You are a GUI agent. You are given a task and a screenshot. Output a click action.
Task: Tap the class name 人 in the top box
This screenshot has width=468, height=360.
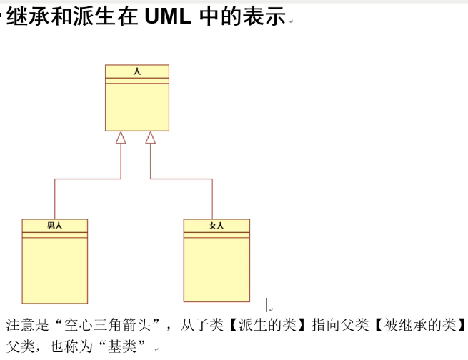pos(137,71)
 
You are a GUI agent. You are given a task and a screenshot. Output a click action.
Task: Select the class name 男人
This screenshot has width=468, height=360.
pos(55,226)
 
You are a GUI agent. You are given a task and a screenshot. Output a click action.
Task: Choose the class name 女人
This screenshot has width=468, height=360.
pos(216,226)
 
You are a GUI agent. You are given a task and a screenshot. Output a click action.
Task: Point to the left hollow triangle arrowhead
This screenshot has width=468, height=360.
pos(121,138)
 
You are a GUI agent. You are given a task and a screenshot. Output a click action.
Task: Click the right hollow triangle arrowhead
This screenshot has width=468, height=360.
pos(150,138)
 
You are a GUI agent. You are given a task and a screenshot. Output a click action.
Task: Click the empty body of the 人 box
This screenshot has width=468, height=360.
pos(137,107)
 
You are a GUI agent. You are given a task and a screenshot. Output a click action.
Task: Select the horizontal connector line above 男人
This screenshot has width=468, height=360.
pos(87,179)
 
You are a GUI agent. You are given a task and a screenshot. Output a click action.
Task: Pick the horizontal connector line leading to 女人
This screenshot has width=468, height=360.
pos(181,179)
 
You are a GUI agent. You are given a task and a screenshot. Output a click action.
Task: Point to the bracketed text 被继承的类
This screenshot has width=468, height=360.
pos(421,326)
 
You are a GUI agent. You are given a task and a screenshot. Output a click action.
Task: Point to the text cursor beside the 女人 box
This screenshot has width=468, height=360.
pos(267,304)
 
